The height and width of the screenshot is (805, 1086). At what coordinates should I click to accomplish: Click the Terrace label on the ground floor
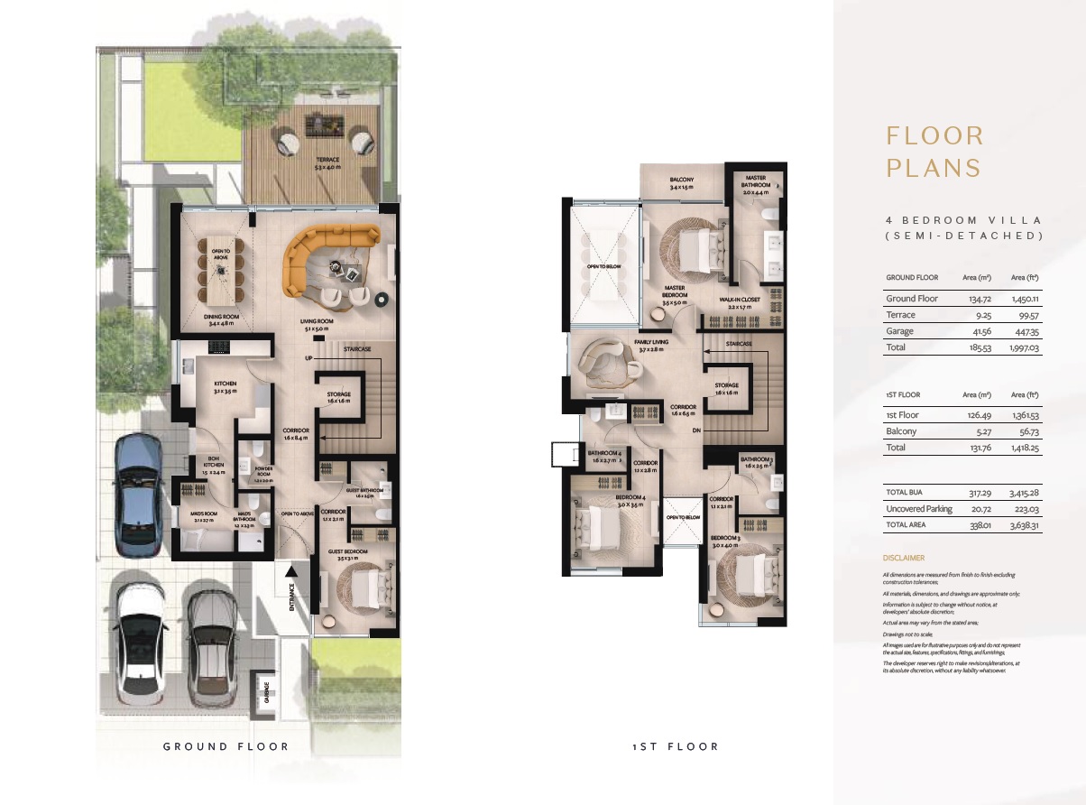tap(315, 162)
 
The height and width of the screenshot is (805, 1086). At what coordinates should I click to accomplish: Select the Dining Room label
tap(221, 319)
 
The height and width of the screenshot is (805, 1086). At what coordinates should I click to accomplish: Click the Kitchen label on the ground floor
tap(225, 387)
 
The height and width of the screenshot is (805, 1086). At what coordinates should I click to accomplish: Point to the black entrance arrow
tap(290, 570)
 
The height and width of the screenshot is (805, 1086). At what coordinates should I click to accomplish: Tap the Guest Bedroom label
tap(348, 553)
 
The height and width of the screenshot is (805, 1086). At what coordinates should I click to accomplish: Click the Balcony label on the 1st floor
tap(682, 183)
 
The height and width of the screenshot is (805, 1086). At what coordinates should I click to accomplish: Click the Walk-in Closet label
tap(741, 301)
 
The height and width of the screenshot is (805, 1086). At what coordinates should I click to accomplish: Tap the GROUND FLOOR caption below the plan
tap(225, 746)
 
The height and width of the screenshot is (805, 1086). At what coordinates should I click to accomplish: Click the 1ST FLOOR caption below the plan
tap(676, 746)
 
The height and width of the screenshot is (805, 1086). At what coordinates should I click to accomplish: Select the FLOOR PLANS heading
tap(934, 152)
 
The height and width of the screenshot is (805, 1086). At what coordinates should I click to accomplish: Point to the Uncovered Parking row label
tap(918, 509)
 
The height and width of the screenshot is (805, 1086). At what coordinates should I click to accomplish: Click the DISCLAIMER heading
tap(904, 558)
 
